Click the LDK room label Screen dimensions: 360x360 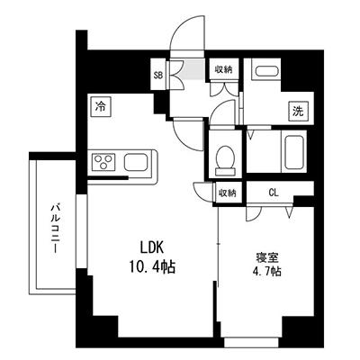tap(152, 248)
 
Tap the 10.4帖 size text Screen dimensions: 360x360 tap(152, 266)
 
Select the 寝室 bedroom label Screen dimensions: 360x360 tap(267, 258)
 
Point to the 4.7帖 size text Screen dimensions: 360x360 tap(267, 272)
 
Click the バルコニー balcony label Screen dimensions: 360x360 tap(55, 228)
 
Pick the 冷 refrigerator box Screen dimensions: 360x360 tap(101, 107)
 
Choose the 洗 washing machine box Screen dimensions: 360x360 tap(299, 112)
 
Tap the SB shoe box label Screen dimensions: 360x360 tap(158, 75)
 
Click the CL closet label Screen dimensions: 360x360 tap(274, 193)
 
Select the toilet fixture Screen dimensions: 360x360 tap(225, 160)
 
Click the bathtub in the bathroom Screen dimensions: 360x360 tap(294, 152)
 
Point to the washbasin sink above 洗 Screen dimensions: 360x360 tap(267, 72)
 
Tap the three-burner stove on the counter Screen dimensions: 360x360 tap(103, 162)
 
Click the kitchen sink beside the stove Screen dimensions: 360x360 tap(136, 162)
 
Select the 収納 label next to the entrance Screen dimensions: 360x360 tap(223, 70)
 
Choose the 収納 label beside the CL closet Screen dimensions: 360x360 tap(228, 193)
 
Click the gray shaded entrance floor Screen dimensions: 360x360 tap(193, 69)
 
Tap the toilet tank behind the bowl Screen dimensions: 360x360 tap(225, 172)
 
